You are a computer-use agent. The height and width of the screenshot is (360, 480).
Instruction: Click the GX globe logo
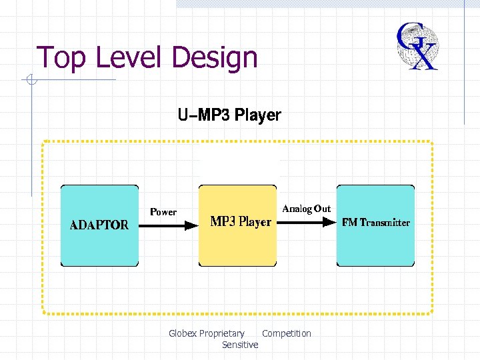417,46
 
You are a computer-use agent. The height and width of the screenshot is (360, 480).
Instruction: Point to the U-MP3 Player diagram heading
229,115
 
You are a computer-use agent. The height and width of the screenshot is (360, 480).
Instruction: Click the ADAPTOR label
100,225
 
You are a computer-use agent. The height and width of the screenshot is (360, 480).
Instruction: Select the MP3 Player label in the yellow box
241,222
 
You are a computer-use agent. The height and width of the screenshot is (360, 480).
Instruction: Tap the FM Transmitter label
375,223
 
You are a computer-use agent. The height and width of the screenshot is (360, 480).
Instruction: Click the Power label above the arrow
163,212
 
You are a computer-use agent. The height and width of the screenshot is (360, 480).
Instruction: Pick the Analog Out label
306,209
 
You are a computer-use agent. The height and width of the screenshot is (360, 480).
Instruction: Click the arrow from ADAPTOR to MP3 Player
170,225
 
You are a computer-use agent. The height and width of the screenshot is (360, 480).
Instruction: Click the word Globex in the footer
183,333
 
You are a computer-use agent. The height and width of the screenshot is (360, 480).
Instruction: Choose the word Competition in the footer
287,333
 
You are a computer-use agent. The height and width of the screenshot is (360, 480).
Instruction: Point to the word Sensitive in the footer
240,345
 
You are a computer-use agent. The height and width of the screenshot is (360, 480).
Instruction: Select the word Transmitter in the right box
385,223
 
